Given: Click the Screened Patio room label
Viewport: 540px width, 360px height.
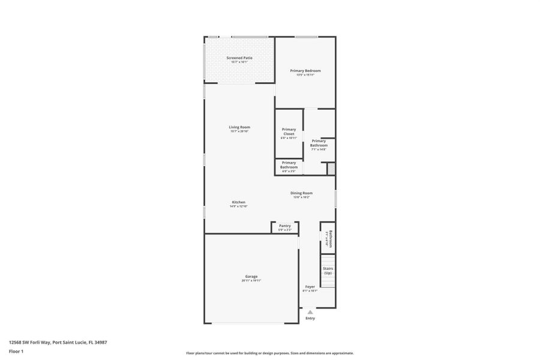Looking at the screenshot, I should coord(239,58).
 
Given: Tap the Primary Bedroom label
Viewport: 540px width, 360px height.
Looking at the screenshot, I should coord(305,71).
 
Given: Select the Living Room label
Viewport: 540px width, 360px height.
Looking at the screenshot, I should coord(239,127).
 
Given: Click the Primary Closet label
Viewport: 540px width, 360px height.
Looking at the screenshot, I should coord(289,131).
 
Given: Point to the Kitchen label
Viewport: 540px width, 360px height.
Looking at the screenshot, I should coord(238,202).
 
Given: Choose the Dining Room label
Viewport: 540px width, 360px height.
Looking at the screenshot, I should coord(301,193).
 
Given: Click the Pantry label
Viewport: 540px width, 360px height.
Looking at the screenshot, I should coord(284,226).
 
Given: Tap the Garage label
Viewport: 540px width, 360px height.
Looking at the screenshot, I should coord(251,276).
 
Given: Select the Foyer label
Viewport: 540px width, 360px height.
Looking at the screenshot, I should coord(310,287).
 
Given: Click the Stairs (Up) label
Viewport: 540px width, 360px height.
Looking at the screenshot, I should coord(328,271).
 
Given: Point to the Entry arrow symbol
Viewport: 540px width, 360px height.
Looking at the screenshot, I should coord(310,312).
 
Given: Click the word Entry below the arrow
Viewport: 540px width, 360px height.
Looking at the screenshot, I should coord(310,318).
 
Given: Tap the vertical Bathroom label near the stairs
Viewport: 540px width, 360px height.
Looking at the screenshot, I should coord(329,238).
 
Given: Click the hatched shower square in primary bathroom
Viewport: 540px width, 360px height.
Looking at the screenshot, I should coord(331,169).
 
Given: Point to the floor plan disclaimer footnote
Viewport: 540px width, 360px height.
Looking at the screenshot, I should coord(269,353).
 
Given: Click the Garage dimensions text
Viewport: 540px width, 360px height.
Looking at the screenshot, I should coord(251,280).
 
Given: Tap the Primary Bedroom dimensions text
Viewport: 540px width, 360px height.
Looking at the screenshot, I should coord(305,75).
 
